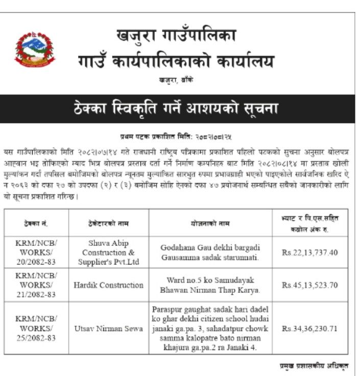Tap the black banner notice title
point(177,108)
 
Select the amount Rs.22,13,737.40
point(310,252)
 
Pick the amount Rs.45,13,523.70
point(310,285)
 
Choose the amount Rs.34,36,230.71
point(310,329)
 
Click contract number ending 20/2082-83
point(36,252)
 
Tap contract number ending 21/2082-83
point(36,285)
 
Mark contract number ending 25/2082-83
point(36,329)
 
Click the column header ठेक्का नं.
point(36,223)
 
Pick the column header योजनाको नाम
point(210,223)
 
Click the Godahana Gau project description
point(210,252)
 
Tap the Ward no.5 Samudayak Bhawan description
point(210,285)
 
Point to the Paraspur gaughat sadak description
point(210,329)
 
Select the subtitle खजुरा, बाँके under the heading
point(176,80)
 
